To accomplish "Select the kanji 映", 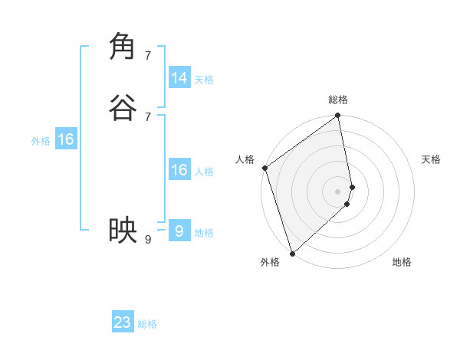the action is click(x=123, y=230).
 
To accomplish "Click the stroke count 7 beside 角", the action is click(x=148, y=56).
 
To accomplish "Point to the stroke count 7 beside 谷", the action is click(x=148, y=116).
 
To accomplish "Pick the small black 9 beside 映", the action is click(x=148, y=240).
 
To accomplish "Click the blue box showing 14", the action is click(x=179, y=78).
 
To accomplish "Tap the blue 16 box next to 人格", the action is click(x=179, y=170).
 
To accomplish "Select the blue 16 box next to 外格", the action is click(x=66, y=139).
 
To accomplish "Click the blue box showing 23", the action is click(x=123, y=322).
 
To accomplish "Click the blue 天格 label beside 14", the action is click(x=204, y=80).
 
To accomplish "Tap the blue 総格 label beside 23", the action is click(x=147, y=324).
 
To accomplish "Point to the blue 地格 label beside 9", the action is click(x=204, y=233).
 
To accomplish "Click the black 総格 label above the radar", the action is click(x=338, y=100).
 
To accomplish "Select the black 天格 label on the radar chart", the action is click(x=431, y=159).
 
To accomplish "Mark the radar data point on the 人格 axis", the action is click(x=264, y=168).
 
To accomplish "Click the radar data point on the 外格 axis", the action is click(x=292, y=253).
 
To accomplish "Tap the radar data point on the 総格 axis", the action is click(x=338, y=116).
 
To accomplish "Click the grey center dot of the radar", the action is click(x=338, y=191).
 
